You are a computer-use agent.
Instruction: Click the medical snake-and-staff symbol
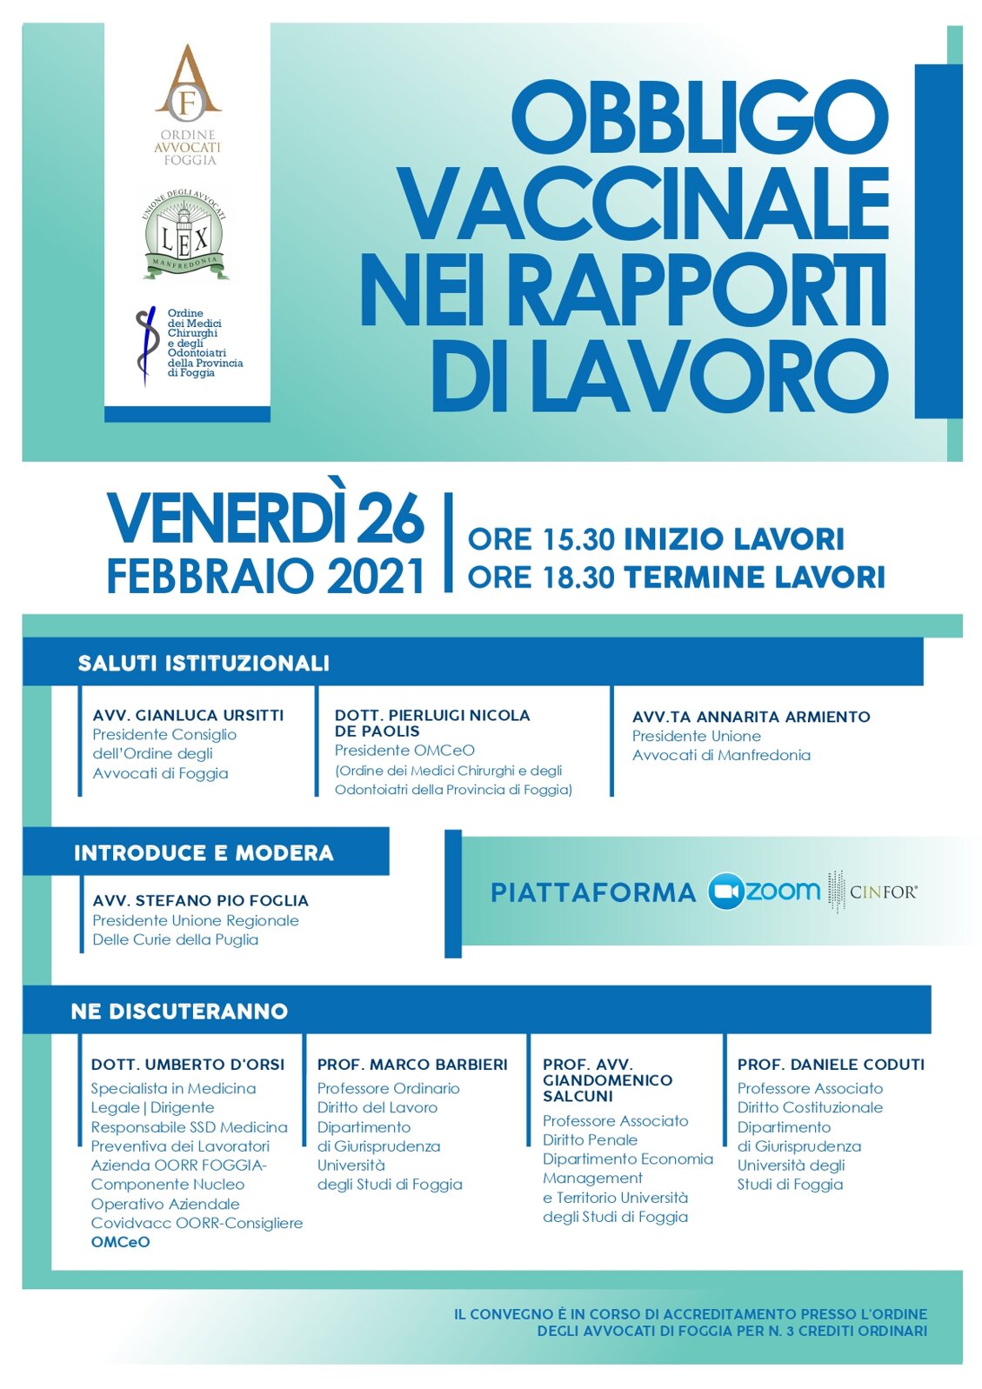(146, 346)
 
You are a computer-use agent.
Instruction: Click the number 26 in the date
(391, 519)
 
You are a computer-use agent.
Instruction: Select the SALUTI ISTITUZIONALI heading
(204, 663)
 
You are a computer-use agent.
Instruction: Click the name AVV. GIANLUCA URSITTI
(188, 715)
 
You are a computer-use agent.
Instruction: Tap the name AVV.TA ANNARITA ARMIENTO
(751, 717)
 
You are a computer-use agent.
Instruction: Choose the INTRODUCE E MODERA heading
(204, 852)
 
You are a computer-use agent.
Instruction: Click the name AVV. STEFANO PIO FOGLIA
(200, 900)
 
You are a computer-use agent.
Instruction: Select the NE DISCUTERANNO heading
(179, 1011)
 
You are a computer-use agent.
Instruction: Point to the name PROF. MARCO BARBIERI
(412, 1064)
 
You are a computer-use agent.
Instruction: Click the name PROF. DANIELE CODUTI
(831, 1064)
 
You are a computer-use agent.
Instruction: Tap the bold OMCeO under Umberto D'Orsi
(120, 1242)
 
